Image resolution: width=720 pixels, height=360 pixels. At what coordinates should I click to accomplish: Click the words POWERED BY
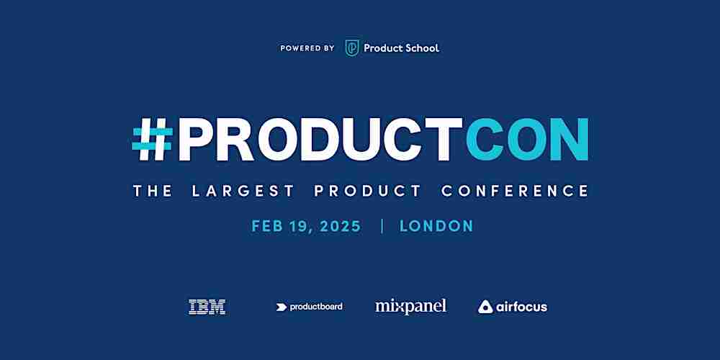(307, 48)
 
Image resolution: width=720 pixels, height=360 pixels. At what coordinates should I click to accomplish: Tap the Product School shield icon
(352, 48)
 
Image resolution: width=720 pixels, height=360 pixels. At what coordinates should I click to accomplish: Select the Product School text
(401, 48)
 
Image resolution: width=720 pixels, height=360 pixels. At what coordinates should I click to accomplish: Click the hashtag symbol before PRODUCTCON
(152, 139)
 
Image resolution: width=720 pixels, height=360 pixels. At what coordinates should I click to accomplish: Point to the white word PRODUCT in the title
(320, 139)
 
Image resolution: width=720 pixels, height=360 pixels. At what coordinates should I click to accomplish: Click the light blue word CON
(527, 139)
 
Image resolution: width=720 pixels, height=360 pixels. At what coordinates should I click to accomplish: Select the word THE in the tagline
(153, 191)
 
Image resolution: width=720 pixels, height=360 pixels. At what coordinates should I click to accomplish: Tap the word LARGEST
(243, 191)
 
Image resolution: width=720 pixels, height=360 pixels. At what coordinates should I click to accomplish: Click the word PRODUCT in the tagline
(367, 191)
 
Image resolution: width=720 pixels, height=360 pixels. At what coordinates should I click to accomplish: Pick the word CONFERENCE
(515, 191)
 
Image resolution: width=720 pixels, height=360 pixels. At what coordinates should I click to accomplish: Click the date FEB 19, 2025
(306, 226)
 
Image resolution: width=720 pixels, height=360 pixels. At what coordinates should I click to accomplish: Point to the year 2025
(341, 226)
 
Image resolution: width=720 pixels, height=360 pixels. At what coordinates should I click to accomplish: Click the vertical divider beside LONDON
(382, 226)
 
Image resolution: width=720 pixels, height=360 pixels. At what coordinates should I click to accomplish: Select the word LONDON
(436, 226)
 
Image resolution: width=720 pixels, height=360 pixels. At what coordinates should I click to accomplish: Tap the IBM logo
(207, 307)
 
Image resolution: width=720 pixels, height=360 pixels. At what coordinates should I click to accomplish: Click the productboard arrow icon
(281, 307)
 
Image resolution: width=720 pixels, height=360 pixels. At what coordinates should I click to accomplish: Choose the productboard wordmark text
(316, 307)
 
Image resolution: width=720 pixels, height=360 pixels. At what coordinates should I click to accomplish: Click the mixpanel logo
(410, 307)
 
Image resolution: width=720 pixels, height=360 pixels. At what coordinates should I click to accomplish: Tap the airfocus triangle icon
(485, 307)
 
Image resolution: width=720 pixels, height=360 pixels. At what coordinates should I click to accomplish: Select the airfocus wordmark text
(521, 307)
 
